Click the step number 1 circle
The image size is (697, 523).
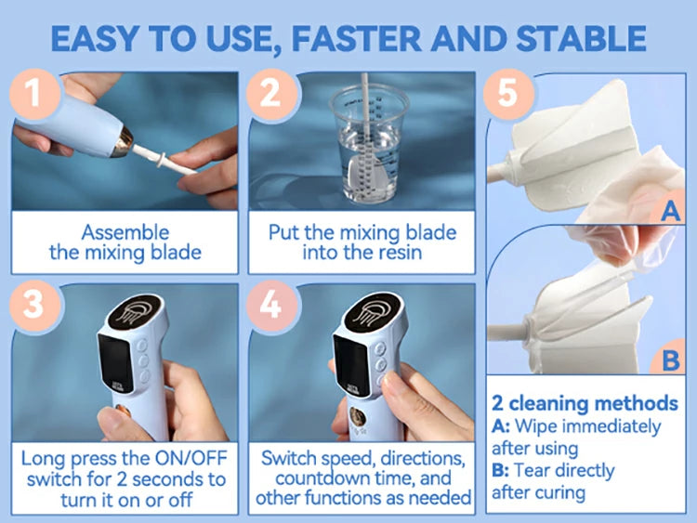[x=34, y=94]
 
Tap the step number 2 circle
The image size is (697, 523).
[x=271, y=94]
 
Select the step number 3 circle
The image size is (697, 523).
[x=34, y=306]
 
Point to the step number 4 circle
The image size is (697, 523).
[x=271, y=306]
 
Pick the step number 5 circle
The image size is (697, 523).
[x=508, y=94]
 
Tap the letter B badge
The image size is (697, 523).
[x=669, y=360]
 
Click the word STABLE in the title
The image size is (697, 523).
[x=581, y=39]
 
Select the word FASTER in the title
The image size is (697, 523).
[x=356, y=39]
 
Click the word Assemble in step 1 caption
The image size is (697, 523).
[x=125, y=232]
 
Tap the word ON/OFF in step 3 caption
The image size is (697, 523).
[x=191, y=458]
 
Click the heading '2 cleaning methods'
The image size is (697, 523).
[x=585, y=403]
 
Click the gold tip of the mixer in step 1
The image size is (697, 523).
[x=122, y=142]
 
